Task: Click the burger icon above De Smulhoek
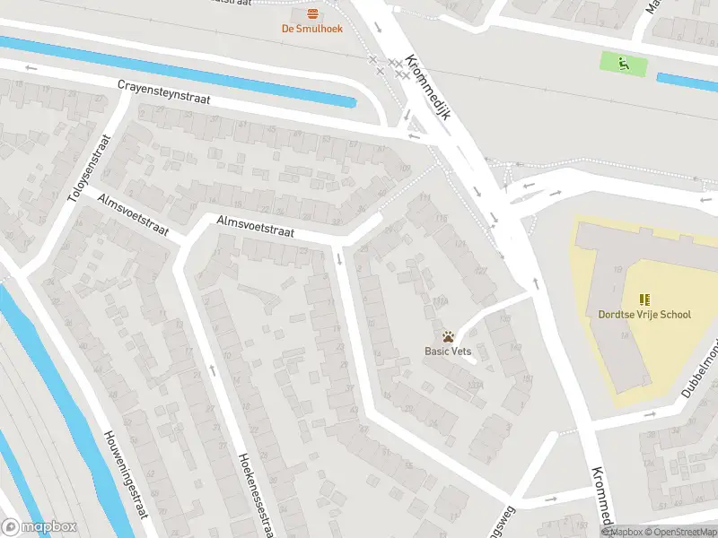(313, 13)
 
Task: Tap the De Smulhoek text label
(313, 28)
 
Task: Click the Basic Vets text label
(448, 351)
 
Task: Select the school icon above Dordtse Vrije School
(644, 299)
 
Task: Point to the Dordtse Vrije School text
(644, 315)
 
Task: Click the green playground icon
(621, 63)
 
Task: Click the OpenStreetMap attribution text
(680, 532)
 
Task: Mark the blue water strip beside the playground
(687, 80)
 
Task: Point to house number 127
(483, 271)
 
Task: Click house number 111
(425, 198)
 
